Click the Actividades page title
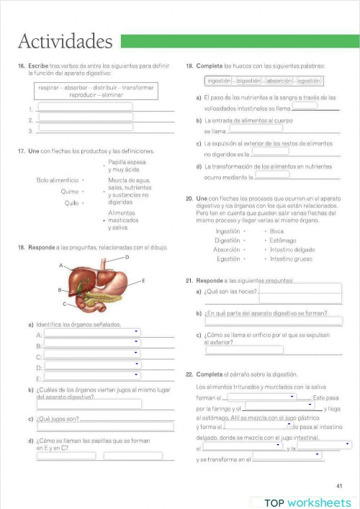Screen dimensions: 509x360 pos(65,41)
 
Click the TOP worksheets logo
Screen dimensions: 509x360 pos(307,502)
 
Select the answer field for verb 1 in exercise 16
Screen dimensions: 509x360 pos(85,107)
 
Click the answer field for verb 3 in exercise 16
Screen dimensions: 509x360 pos(85,130)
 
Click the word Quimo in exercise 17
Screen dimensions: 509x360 pos(70,192)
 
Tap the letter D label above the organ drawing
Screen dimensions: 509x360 pos(127,257)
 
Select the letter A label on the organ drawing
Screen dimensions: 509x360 pos(61,265)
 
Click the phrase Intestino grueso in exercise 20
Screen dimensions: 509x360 pos(291,258)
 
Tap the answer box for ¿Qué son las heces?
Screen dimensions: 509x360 pos(300,291)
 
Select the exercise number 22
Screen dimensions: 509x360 pos(189,374)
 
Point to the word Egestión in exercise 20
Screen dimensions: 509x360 pos(228,258)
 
